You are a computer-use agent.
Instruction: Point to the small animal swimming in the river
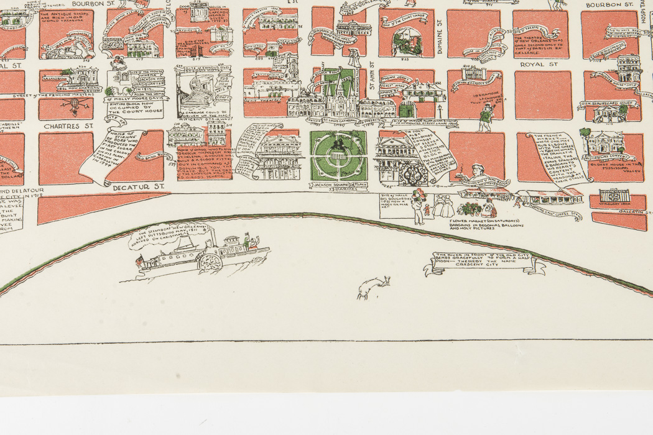(x=373, y=288)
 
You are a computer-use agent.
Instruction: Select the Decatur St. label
(x=137, y=186)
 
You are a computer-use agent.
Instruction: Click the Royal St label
(x=539, y=64)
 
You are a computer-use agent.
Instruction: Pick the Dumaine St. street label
(x=439, y=41)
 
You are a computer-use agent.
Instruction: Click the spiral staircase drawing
(x=198, y=93)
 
